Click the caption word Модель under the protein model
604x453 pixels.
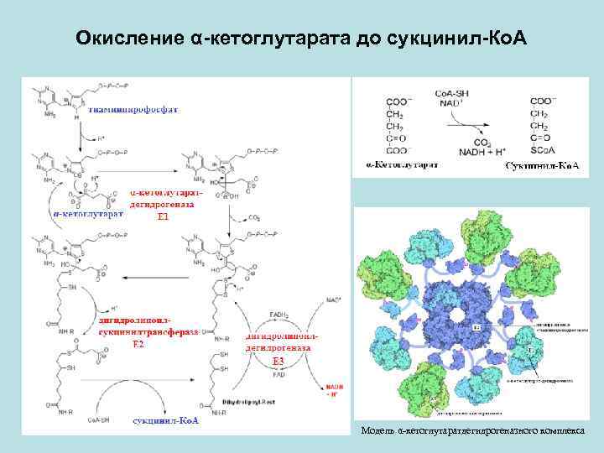[x=377, y=430]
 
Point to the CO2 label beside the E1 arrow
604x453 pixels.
[x=254, y=217]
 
